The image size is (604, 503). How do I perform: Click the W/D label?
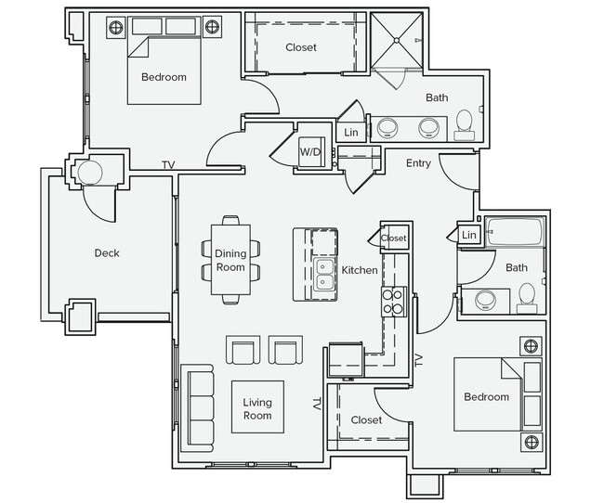click(309, 152)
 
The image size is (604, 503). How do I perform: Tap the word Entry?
click(419, 163)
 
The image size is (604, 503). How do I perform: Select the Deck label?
click(107, 252)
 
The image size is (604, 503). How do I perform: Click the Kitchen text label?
click(360, 270)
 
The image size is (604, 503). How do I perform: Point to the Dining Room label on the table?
click(230, 261)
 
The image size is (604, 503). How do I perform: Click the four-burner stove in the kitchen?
click(393, 302)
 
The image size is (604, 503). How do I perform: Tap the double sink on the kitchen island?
click(325, 276)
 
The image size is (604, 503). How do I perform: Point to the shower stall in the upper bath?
click(398, 41)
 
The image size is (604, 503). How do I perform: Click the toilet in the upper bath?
click(465, 124)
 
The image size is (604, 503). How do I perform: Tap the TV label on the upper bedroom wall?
click(168, 165)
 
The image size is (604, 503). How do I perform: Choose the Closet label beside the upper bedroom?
click(300, 47)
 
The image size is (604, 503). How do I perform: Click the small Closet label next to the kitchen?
click(394, 239)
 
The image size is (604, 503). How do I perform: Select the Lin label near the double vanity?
click(350, 133)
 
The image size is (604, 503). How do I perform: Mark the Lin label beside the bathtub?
click(468, 236)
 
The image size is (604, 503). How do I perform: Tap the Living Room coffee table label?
click(257, 408)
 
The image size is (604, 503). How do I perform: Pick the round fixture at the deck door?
click(91, 174)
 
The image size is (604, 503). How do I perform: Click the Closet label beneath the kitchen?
click(366, 419)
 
